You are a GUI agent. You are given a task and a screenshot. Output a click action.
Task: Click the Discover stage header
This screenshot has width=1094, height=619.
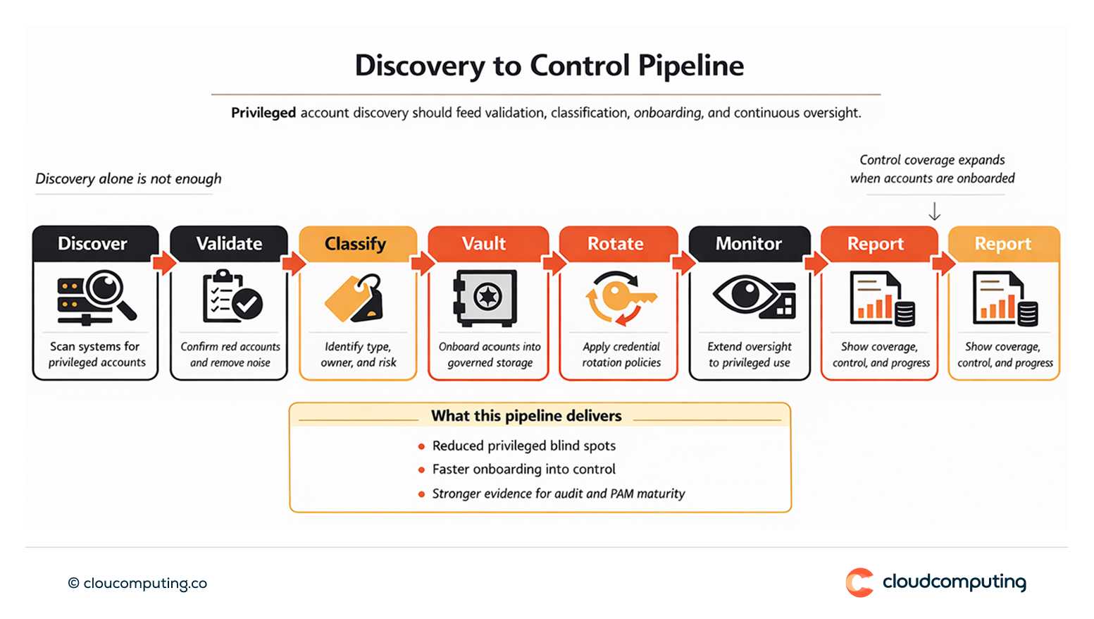(x=93, y=244)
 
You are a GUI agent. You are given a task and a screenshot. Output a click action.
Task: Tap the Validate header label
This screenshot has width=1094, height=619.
(x=229, y=244)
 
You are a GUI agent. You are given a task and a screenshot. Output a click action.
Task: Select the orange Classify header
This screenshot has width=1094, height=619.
(x=356, y=244)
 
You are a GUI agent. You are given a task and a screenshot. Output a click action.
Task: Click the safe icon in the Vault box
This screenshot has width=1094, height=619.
(x=485, y=298)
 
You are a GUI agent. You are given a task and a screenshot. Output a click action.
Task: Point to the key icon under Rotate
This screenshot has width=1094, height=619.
(x=621, y=298)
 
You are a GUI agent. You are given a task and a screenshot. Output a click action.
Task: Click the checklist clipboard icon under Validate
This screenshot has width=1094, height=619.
(x=231, y=297)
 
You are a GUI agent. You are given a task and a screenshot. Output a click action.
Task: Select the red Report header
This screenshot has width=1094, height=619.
(x=876, y=244)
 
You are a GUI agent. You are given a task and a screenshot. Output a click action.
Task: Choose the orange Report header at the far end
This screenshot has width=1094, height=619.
(x=1003, y=244)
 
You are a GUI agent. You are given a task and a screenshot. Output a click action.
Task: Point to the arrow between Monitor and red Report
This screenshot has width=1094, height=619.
(x=816, y=263)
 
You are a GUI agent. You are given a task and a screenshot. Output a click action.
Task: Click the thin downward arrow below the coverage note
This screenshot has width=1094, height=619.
(x=934, y=212)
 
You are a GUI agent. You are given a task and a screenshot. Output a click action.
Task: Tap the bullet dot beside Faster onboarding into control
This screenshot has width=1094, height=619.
(x=421, y=470)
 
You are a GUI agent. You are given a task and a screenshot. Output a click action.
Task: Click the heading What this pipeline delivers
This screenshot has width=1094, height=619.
(x=526, y=416)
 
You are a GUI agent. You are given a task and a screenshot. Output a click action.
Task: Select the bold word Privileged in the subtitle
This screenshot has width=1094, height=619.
(x=263, y=113)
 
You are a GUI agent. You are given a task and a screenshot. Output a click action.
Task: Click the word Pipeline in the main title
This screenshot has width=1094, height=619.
(x=690, y=66)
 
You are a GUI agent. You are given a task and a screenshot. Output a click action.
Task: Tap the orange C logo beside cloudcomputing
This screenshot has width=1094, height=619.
(x=859, y=582)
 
